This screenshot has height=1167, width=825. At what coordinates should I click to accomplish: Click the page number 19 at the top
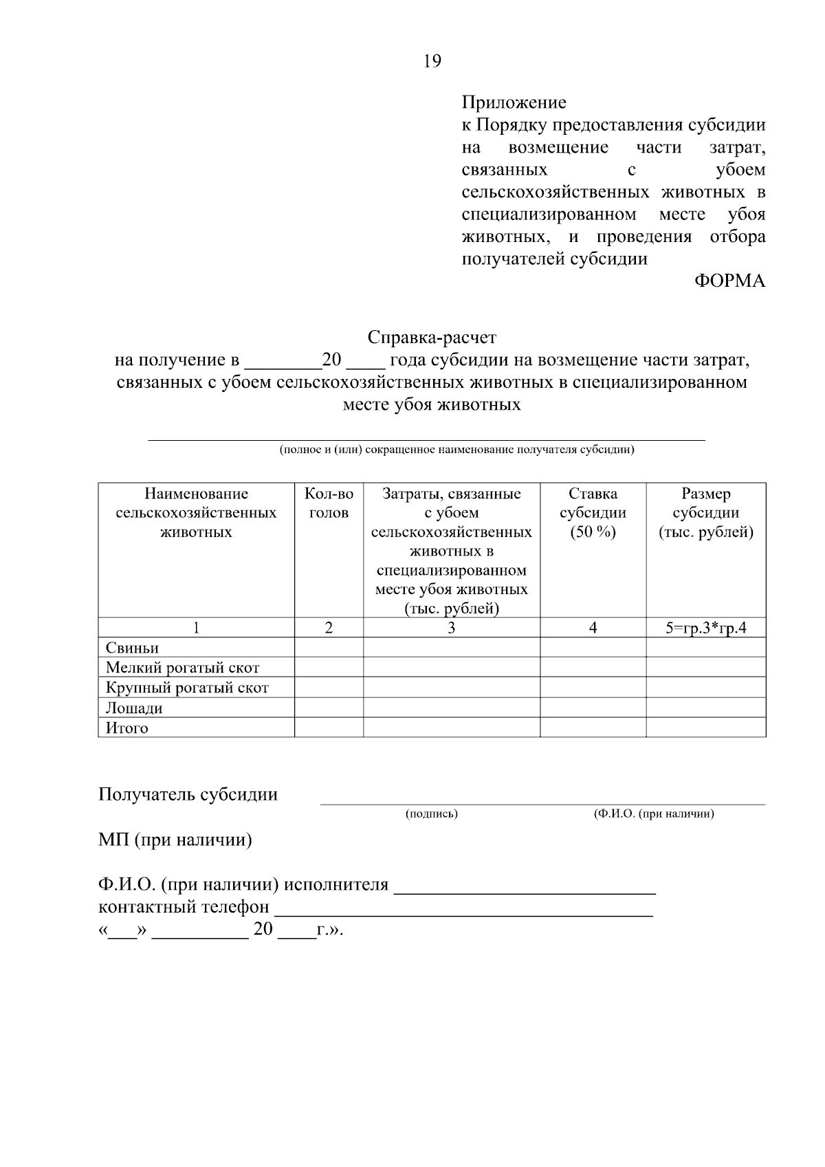(432, 61)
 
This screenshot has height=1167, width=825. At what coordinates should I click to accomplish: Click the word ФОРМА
(729, 281)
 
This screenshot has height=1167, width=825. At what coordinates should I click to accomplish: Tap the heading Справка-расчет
(432, 338)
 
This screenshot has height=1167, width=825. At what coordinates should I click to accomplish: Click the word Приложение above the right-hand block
(514, 102)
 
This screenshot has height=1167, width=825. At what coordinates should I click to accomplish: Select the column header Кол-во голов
(329, 503)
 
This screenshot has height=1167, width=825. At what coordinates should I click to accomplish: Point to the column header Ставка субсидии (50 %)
(593, 513)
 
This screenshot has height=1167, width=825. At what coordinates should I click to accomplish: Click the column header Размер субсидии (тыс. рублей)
(705, 513)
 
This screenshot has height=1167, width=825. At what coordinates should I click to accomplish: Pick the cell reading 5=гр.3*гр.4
(705, 628)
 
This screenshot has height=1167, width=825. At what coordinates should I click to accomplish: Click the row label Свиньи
(132, 648)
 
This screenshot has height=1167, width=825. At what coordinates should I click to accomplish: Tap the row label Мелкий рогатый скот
(182, 668)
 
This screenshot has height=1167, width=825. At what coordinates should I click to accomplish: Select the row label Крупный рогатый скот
(187, 688)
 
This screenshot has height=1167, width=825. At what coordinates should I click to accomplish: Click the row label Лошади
(134, 708)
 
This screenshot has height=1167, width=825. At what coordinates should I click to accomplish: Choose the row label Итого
(126, 728)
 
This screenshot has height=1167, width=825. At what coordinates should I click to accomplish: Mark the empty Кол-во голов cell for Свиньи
(329, 648)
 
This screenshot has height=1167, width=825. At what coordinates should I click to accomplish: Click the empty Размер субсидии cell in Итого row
(705, 728)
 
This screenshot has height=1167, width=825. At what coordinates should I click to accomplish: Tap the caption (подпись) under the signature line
(432, 814)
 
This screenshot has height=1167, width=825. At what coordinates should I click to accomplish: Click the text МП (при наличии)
(175, 840)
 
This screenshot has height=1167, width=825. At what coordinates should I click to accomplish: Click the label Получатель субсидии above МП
(188, 795)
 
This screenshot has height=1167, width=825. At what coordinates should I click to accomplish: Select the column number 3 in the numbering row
(451, 628)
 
